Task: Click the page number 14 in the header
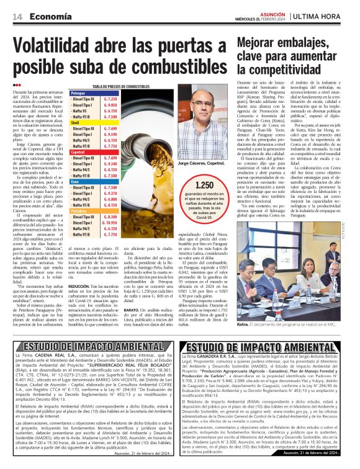[x=17, y=17]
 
